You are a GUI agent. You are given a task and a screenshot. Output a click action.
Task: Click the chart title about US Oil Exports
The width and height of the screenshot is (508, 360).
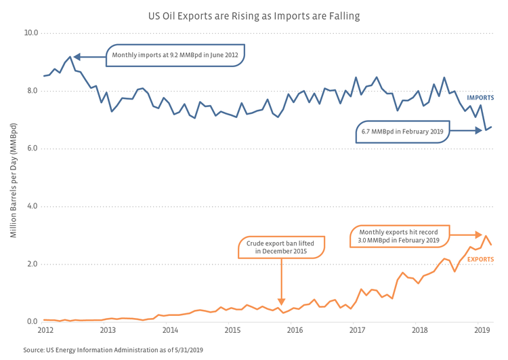click(x=254, y=14)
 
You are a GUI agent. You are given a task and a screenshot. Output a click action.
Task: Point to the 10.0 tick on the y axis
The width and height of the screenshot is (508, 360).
click(x=30, y=33)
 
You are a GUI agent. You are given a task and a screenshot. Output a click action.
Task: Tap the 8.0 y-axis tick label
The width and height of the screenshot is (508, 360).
click(x=30, y=91)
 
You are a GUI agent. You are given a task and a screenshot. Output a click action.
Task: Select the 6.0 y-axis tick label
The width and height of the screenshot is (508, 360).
click(x=30, y=148)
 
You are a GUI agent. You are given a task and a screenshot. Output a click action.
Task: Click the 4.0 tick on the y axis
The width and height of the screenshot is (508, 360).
click(x=30, y=206)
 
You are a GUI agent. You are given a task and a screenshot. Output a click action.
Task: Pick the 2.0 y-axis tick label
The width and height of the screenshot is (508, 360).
click(x=30, y=264)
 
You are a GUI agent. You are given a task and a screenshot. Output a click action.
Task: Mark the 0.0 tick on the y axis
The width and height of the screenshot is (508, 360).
click(x=30, y=321)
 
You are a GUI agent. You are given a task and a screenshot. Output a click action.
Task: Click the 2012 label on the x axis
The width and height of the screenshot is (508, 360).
click(x=45, y=330)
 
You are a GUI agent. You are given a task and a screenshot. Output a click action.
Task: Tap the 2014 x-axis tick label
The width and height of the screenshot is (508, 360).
click(x=170, y=330)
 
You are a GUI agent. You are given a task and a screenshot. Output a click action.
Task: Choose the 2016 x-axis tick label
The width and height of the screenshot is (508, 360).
click(x=295, y=330)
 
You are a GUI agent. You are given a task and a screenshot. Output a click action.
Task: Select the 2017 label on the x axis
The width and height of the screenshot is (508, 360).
click(x=357, y=330)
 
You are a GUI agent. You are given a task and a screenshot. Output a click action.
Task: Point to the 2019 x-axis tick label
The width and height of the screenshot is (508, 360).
click(x=482, y=330)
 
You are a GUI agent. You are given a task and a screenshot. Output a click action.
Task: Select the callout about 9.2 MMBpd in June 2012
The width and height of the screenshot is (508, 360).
click(x=175, y=56)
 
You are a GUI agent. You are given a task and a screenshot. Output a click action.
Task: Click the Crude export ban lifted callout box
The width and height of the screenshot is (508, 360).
click(x=281, y=247)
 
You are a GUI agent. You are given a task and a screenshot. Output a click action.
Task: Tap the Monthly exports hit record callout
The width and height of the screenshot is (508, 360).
click(x=399, y=235)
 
